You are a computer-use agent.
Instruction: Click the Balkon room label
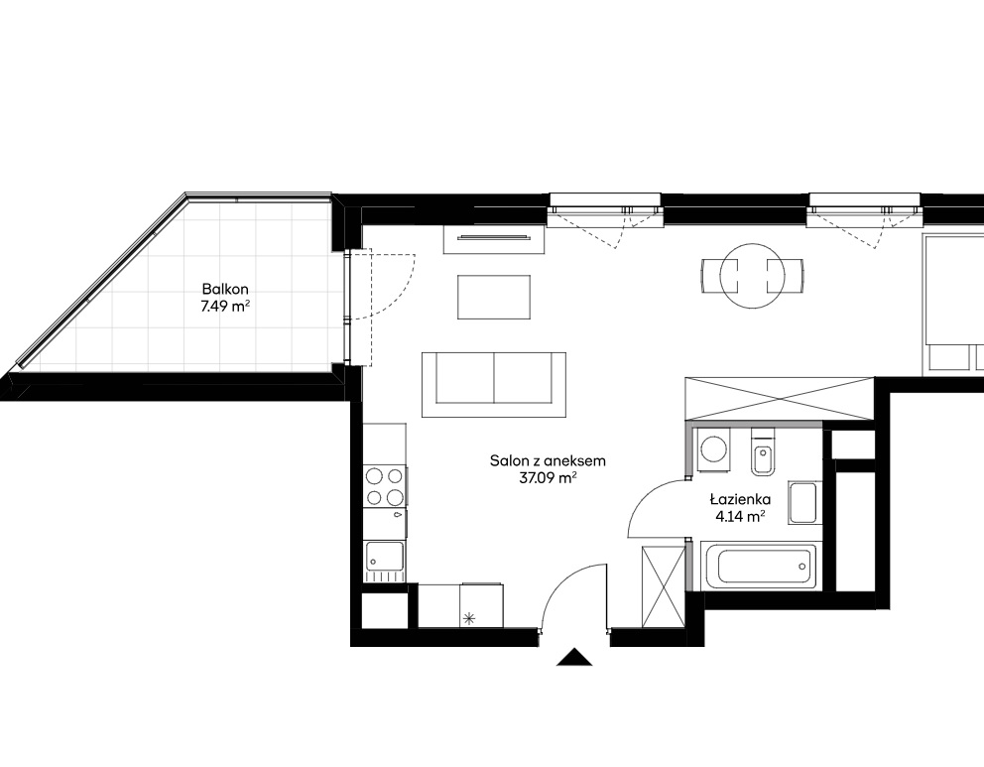[x=225, y=290]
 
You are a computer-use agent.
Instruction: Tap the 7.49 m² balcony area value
[x=225, y=307]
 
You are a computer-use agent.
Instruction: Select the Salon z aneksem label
[x=548, y=460]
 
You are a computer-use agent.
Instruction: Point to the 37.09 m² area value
[x=548, y=478]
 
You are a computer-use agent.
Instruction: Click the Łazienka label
[x=741, y=500]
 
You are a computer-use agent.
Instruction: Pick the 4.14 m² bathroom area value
[x=741, y=517]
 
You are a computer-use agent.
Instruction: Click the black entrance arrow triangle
[x=574, y=657]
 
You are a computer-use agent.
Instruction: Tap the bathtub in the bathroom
[x=758, y=567]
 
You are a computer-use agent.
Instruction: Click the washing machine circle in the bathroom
[x=713, y=448]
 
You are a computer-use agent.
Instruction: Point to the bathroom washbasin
[x=802, y=503]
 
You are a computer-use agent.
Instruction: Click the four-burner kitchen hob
[x=385, y=487]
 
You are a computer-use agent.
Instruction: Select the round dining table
[x=753, y=276]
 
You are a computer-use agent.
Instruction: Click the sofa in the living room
[x=494, y=385]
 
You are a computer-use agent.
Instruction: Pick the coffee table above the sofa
[x=495, y=297]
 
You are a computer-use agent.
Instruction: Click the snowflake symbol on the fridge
[x=467, y=619]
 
